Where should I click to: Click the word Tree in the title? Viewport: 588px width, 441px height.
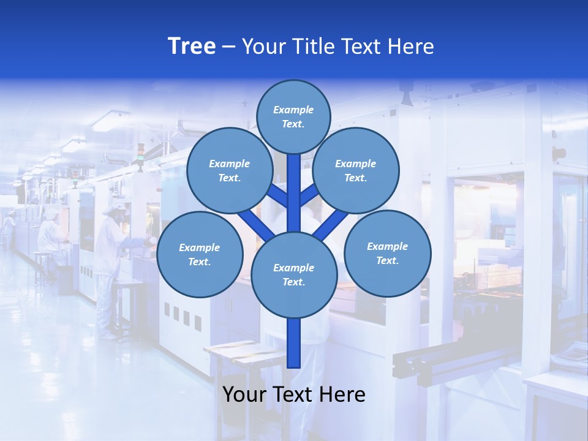pos(192,46)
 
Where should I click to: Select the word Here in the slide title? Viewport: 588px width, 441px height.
pos(410,47)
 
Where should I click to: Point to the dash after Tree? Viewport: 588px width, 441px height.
pos(228,47)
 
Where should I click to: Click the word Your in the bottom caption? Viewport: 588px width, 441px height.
pos(244,394)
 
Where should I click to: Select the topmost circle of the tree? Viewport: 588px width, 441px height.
pos(293,116)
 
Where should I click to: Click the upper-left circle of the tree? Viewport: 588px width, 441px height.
pos(230,170)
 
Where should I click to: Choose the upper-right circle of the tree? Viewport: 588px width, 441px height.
pos(356,170)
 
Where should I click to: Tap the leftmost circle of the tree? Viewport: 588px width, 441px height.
pos(200,254)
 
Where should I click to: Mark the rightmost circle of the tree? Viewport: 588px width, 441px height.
pos(387,253)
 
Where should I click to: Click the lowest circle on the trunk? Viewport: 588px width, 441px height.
pos(294,274)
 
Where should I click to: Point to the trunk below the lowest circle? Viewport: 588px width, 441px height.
pos(294,343)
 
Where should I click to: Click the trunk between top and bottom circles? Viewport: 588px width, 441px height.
pos(294,190)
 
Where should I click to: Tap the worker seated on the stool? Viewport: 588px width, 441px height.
pos(50,236)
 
